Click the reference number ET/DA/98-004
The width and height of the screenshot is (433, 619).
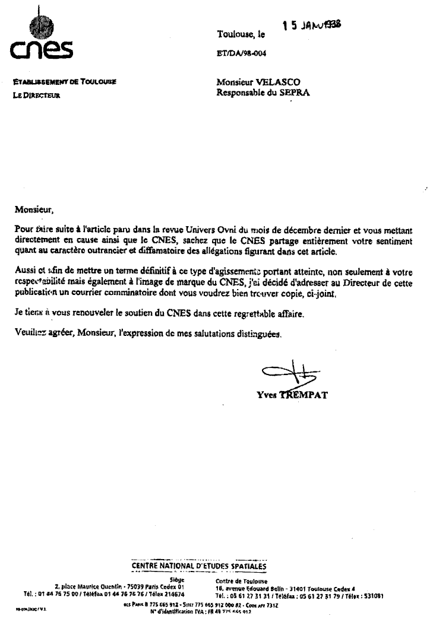(243, 53)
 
